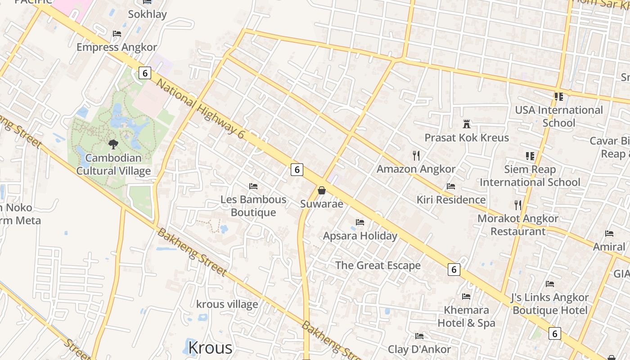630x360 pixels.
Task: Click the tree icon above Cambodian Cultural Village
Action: point(113,144)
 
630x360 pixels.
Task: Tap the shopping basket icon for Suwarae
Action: point(322,190)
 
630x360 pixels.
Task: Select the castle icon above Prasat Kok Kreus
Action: point(467,124)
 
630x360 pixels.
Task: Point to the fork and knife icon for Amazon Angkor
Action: point(416,156)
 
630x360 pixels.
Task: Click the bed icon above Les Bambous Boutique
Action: point(253,186)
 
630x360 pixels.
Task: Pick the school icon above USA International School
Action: point(559,97)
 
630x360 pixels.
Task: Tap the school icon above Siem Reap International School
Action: point(530,156)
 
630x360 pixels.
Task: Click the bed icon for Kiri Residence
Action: point(451,186)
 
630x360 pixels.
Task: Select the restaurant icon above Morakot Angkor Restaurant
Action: point(518,205)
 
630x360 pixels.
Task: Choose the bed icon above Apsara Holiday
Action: point(360,222)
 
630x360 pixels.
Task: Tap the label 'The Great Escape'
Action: point(378,265)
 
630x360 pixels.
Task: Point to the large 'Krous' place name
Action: point(210,347)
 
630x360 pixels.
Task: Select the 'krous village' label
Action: point(227,304)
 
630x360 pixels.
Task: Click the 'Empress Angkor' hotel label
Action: point(117,47)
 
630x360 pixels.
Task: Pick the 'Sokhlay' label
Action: point(147,14)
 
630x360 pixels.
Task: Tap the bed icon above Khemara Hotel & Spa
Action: point(466,297)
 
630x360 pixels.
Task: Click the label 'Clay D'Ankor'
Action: point(419,349)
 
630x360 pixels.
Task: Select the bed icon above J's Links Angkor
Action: point(550,284)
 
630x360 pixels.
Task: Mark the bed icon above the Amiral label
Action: point(609,234)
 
